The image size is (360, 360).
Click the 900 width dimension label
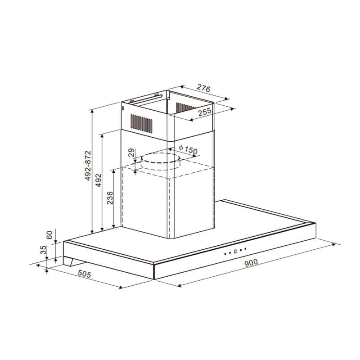point(251,263)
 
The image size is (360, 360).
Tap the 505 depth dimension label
point(84,274)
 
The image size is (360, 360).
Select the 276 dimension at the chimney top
point(203,88)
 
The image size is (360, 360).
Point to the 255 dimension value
point(205,112)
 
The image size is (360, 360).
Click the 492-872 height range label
point(88,166)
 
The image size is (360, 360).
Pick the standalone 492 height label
point(98,180)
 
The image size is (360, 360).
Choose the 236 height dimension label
point(110,198)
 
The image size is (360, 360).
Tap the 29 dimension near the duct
point(131,153)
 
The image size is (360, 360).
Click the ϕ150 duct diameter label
point(188,150)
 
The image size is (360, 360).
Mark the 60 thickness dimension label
point(49,235)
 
